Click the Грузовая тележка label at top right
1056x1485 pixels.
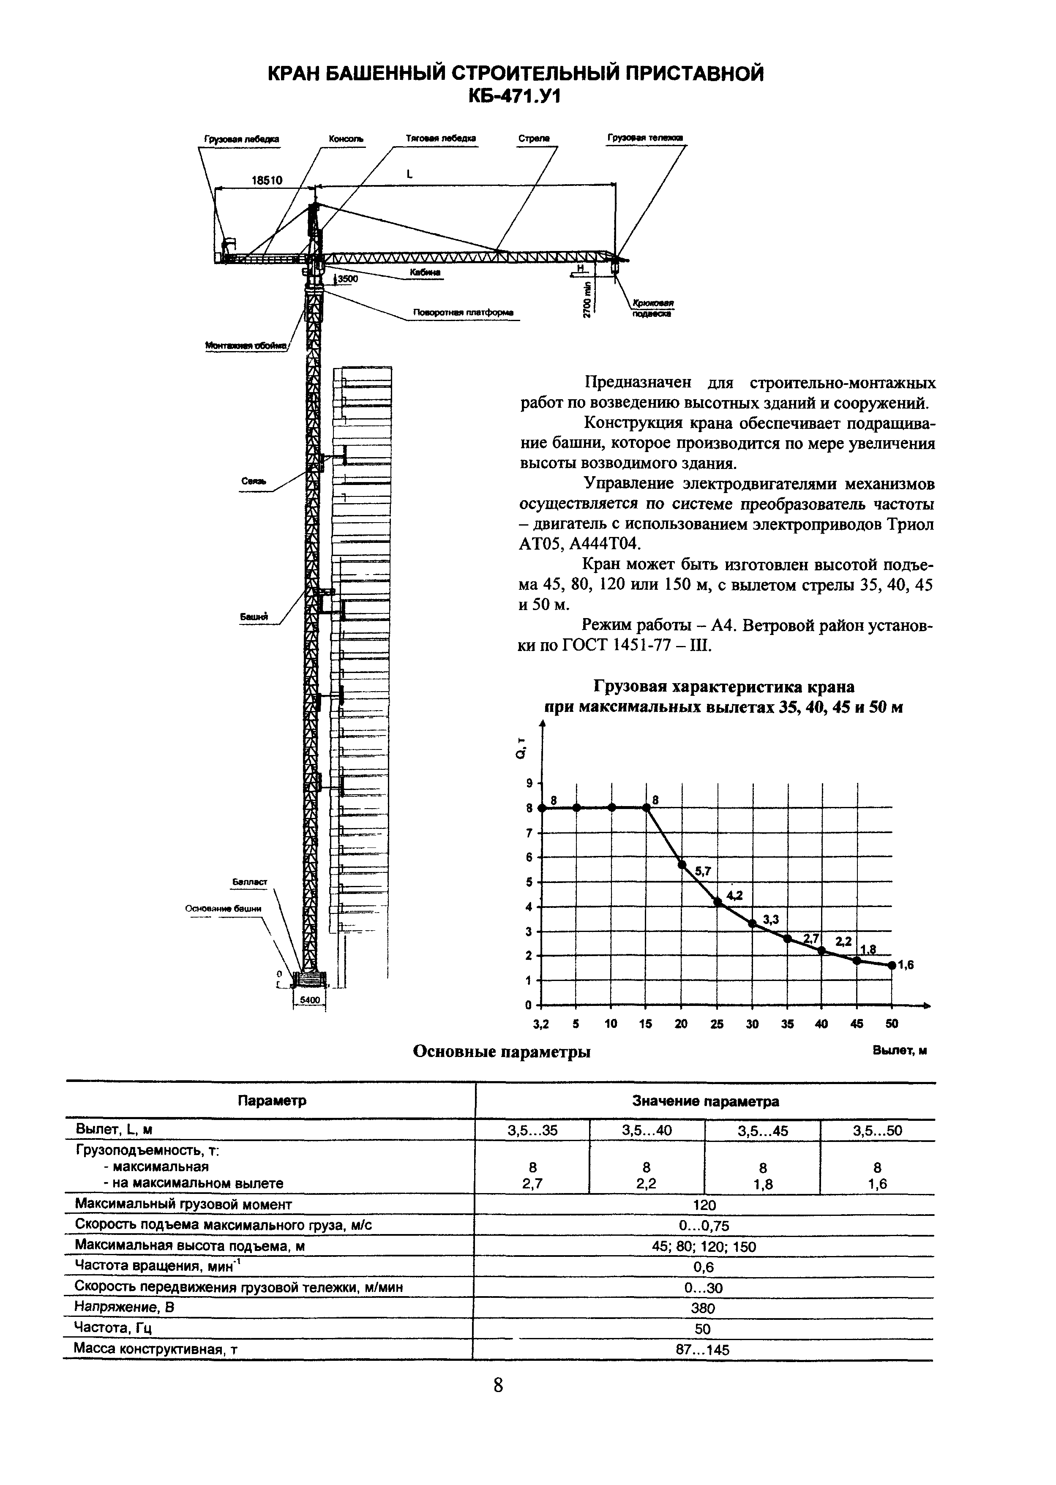pos(645,138)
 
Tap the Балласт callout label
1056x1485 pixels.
pos(250,882)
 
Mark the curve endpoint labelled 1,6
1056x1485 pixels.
pos(892,965)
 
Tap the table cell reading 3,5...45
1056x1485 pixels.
pos(763,1131)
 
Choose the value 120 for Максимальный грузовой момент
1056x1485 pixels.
pos(705,1205)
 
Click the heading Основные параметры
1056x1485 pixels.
pos(502,1052)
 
